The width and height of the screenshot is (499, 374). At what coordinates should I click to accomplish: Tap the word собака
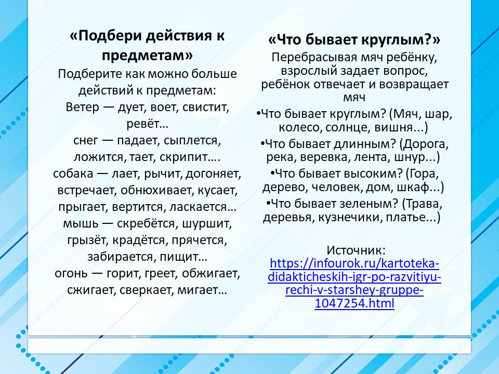(x=73, y=173)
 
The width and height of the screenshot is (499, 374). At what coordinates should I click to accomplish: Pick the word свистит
(x=206, y=107)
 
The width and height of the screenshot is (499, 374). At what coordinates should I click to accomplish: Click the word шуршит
(x=206, y=223)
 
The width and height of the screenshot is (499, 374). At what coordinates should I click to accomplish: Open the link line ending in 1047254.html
(x=354, y=303)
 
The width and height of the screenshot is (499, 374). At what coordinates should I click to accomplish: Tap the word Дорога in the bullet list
(x=424, y=144)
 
